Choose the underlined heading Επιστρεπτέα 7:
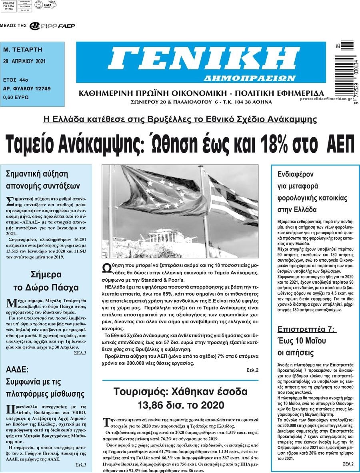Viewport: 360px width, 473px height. pos(307,330)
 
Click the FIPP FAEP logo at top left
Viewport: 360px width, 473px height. pos(52,26)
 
